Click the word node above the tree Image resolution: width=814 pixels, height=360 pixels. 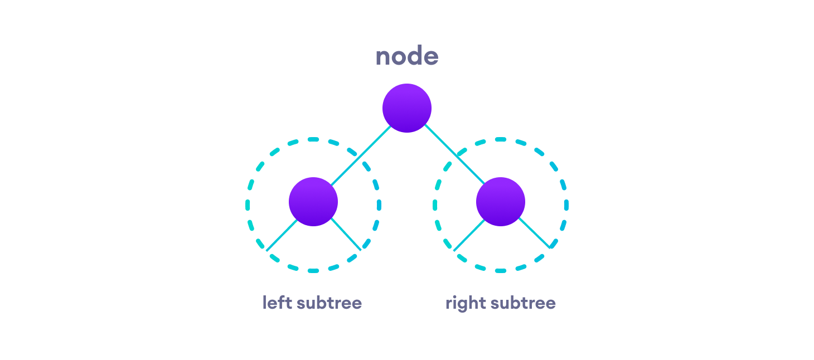pyautogui.click(x=406, y=57)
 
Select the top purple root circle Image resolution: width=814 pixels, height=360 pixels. pyautogui.click(x=406, y=108)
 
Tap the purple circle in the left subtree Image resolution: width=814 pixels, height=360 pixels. pyautogui.click(x=313, y=202)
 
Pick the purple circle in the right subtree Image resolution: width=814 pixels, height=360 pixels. pyautogui.click(x=500, y=202)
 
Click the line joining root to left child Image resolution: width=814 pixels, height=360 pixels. pyautogui.click(x=360, y=156)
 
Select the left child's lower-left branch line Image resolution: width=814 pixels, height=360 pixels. pyautogui.click(x=282, y=235)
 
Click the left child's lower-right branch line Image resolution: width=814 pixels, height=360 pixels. pyautogui.click(x=346, y=234)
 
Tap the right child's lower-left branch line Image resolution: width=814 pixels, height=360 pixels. pyautogui.click(x=469, y=235)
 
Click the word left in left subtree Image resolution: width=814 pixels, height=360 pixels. pyautogui.click(x=277, y=303)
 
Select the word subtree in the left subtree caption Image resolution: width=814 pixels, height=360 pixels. pyautogui.click(x=329, y=303)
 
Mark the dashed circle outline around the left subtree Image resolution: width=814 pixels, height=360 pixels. pyautogui.click(x=247, y=205)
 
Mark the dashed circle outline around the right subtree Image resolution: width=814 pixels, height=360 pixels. pyautogui.click(x=566, y=205)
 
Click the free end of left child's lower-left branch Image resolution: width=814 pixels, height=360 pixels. pyautogui.click(x=267, y=250)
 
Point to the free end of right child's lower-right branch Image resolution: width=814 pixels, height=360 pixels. pyautogui.click(x=549, y=248)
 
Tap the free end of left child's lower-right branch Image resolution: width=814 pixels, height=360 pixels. pyautogui.click(x=361, y=250)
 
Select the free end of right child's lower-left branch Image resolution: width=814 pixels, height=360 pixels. pyautogui.click(x=454, y=250)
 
